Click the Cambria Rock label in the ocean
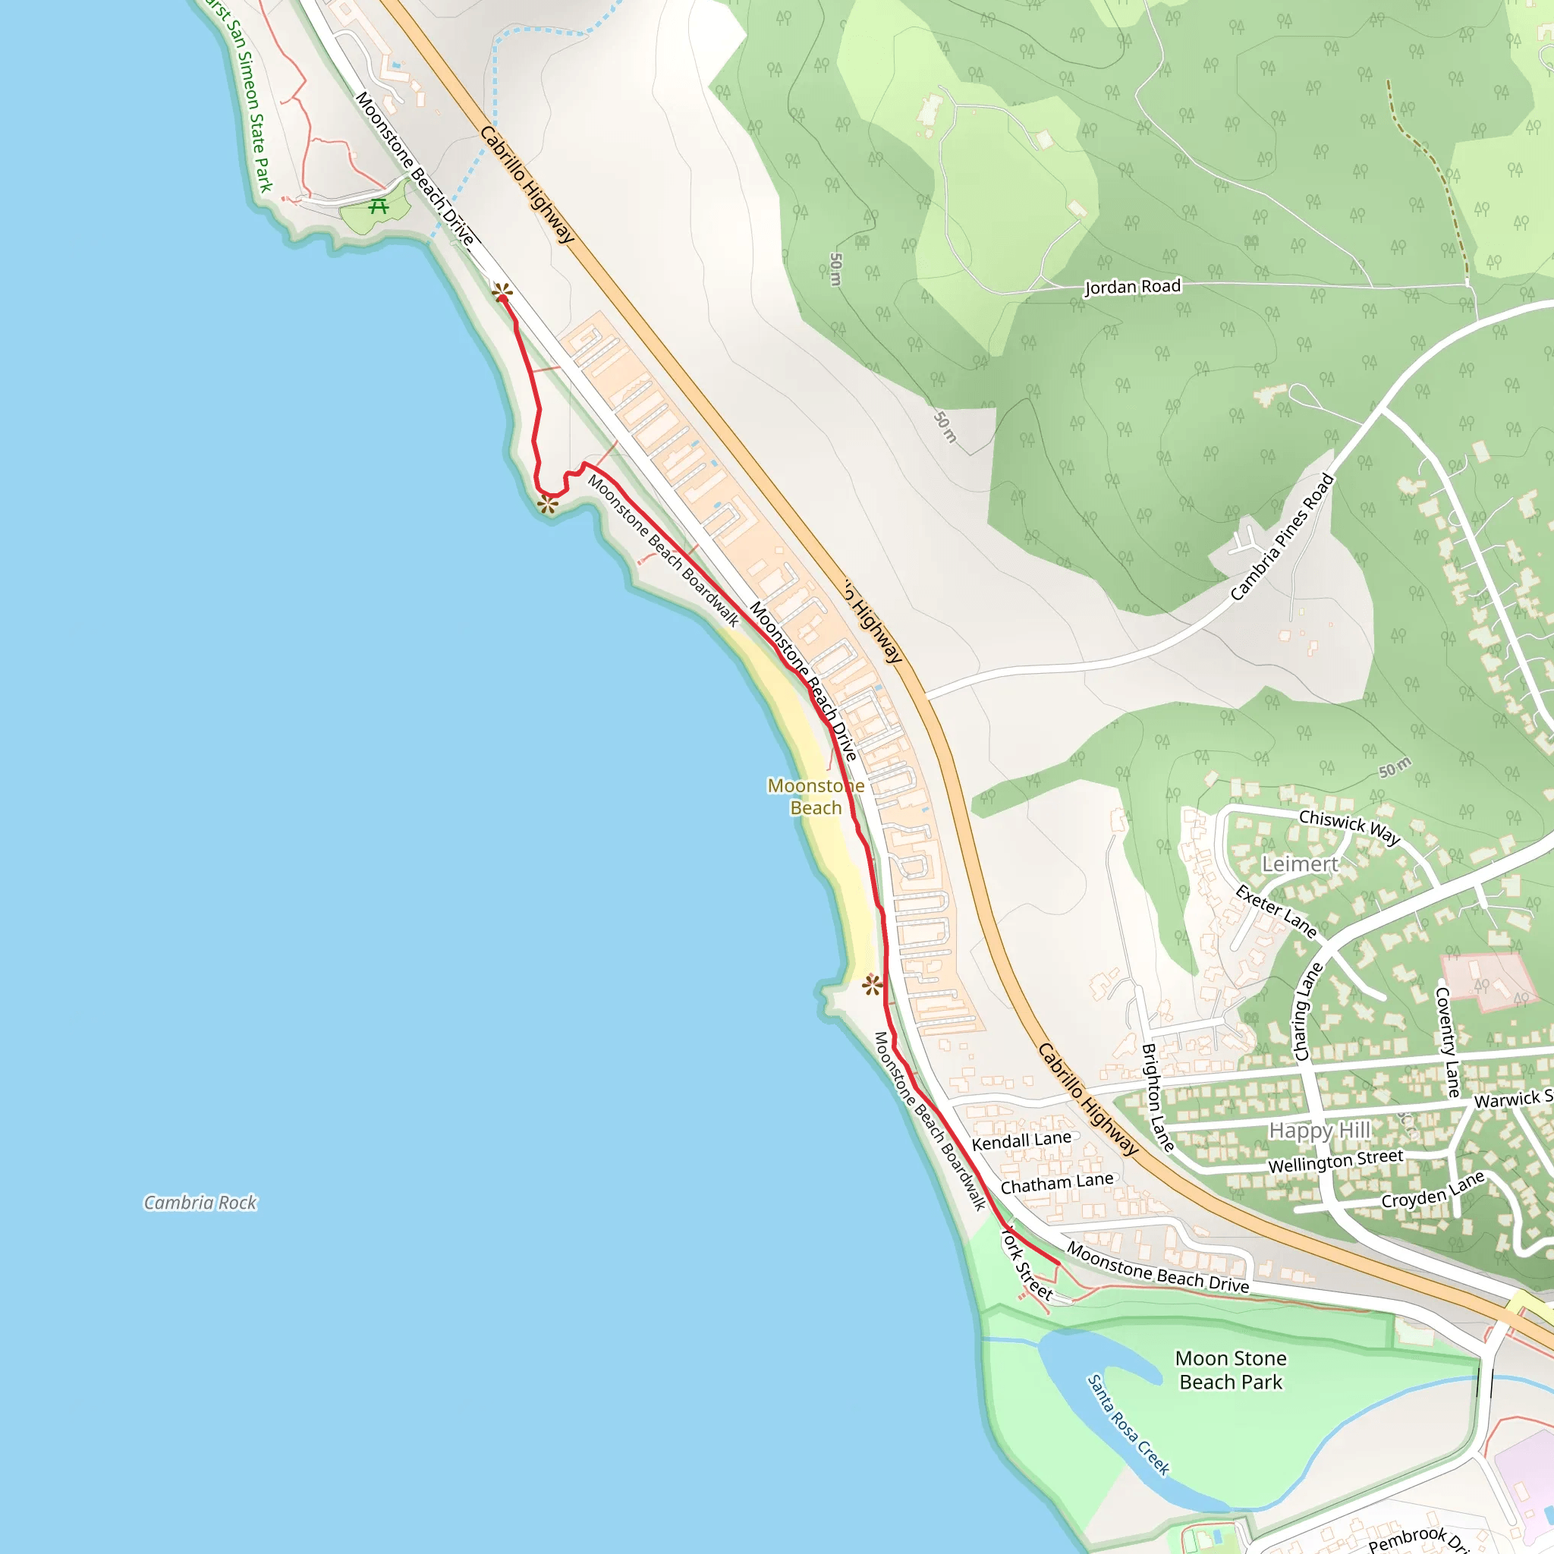[200, 1203]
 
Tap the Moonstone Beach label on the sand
[816, 796]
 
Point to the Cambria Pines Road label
[1282, 537]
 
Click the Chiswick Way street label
[1349, 827]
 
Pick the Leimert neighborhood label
[1299, 865]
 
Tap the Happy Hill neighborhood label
[1319, 1130]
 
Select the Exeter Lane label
[1276, 912]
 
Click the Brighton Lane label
[1157, 1097]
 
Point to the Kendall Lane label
[1021, 1140]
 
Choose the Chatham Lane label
[1057, 1183]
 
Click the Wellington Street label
[1335, 1161]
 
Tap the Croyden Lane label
[1433, 1191]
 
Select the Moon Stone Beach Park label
[1231, 1370]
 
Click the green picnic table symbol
[378, 206]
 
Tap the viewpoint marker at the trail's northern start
[502, 291]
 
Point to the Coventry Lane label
[1447, 1042]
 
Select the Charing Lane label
[1307, 1012]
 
